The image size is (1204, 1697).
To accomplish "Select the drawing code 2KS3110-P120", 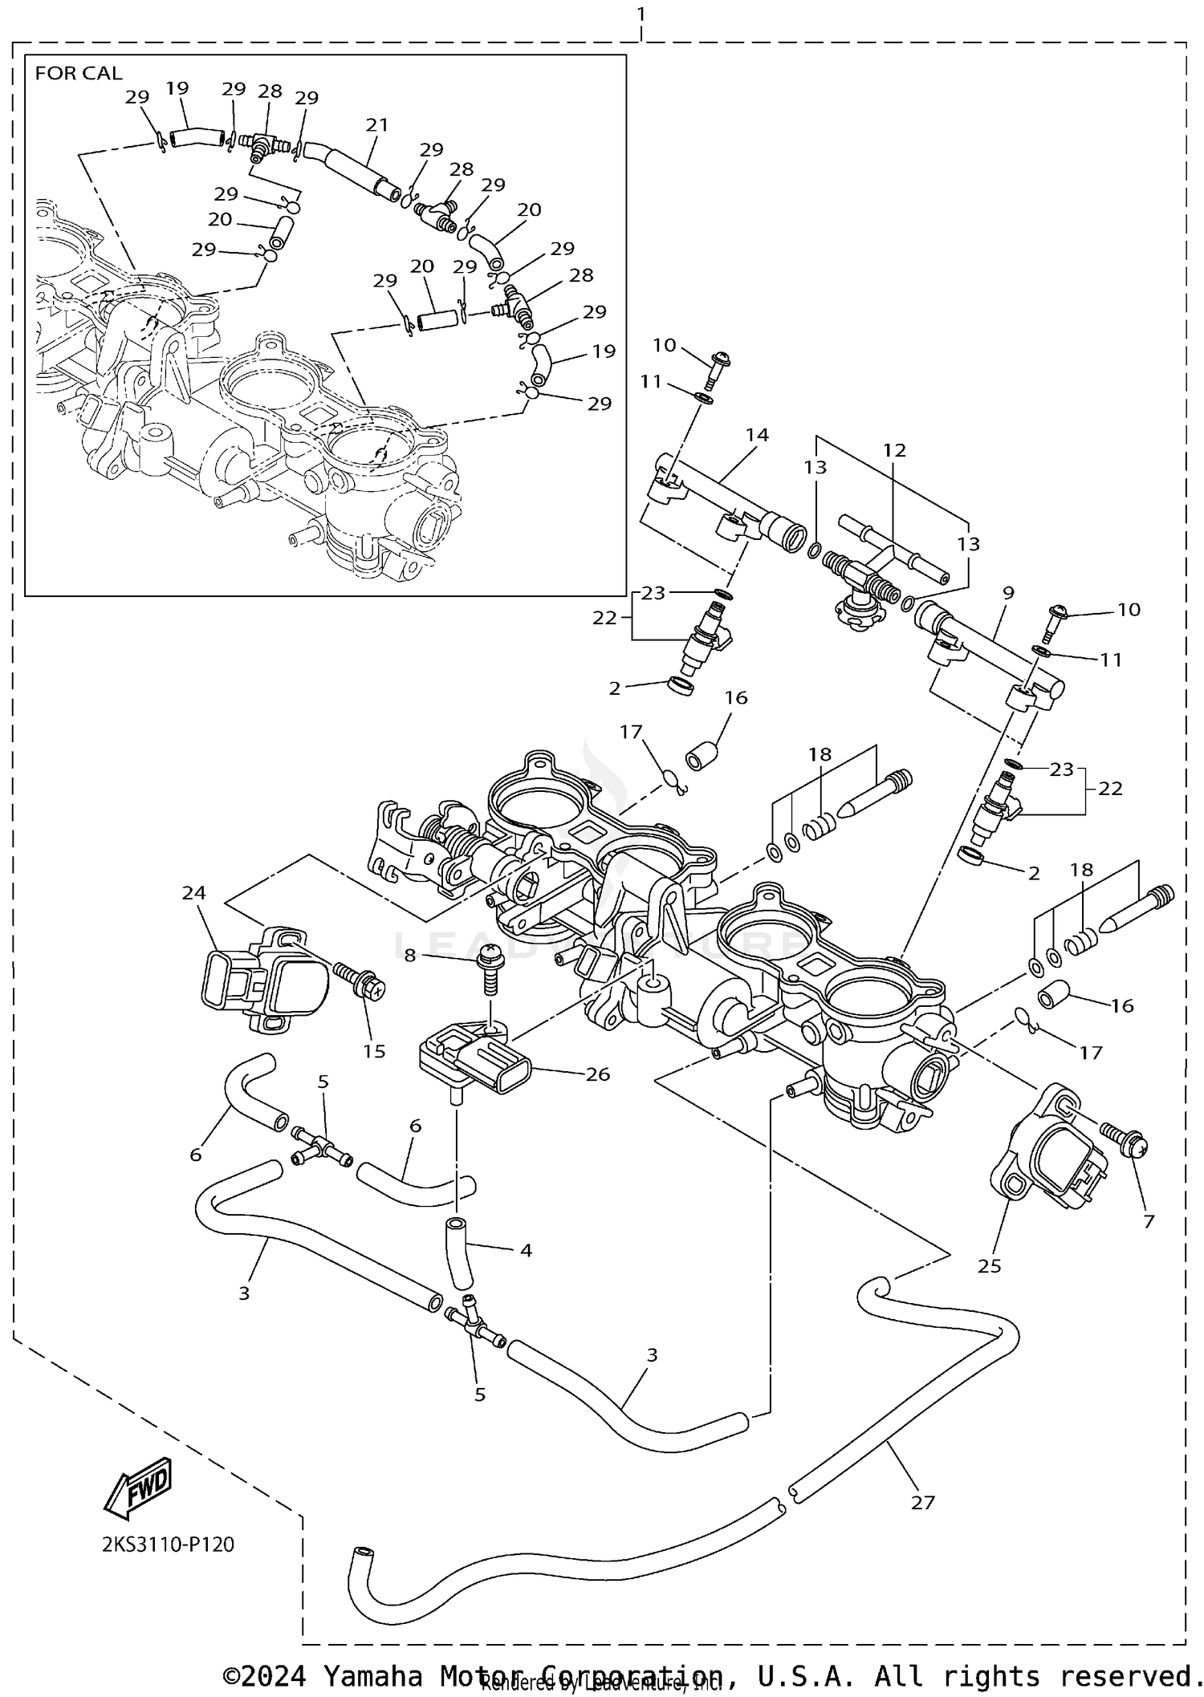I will tap(168, 1545).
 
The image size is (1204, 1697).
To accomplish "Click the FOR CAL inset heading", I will tap(79, 73).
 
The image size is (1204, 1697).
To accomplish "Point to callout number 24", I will tap(193, 892).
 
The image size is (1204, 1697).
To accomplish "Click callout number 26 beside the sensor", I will tap(598, 1074).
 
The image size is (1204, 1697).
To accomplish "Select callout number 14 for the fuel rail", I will tap(757, 435).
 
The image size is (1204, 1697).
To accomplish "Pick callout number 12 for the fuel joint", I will tap(894, 450).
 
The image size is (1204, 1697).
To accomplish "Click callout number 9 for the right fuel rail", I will tap(1008, 593).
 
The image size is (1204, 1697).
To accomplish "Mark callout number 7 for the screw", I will tap(1149, 1221).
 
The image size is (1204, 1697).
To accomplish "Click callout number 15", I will tap(374, 1051).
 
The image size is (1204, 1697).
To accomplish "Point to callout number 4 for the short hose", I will tap(526, 1249).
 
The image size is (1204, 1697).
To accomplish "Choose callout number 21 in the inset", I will tap(376, 125).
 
